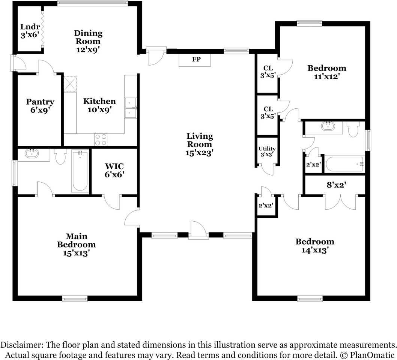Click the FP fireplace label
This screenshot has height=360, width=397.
(x=196, y=59)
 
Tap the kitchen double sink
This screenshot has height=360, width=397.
(x=131, y=108)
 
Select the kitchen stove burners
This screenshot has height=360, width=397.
(x=101, y=139)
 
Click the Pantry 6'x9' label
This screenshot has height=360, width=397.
(x=40, y=106)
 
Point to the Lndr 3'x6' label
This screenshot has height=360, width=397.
(x=30, y=31)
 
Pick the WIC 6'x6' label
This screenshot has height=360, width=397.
(x=114, y=170)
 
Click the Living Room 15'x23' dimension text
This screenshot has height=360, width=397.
(x=199, y=153)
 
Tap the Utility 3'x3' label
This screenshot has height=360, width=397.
(x=267, y=151)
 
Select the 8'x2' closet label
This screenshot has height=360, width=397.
(x=336, y=185)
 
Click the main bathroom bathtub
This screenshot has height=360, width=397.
(x=80, y=171)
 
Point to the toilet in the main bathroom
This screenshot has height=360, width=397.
(x=60, y=156)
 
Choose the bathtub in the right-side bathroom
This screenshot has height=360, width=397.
(x=344, y=164)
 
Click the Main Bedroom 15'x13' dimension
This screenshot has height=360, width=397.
(x=77, y=253)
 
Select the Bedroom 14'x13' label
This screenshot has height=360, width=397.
(x=315, y=246)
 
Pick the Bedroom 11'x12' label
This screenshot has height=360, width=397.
(x=326, y=72)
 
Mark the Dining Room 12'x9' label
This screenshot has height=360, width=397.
(x=88, y=41)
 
